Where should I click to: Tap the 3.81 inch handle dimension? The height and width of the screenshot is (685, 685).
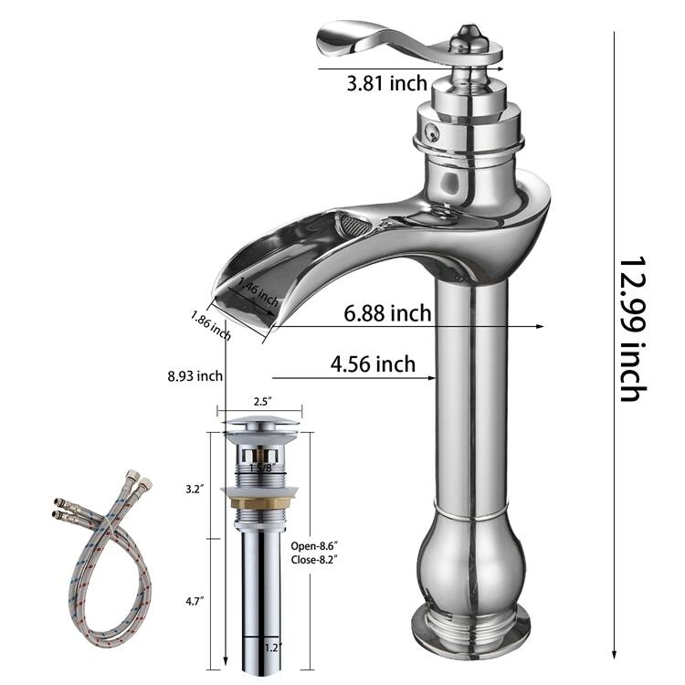point(386,84)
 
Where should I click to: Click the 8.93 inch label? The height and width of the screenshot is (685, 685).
point(195,375)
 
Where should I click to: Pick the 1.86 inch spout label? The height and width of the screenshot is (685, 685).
point(210,325)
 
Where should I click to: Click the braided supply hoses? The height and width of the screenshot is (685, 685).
point(100,557)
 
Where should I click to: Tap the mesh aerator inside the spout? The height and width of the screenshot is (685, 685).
point(351,223)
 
